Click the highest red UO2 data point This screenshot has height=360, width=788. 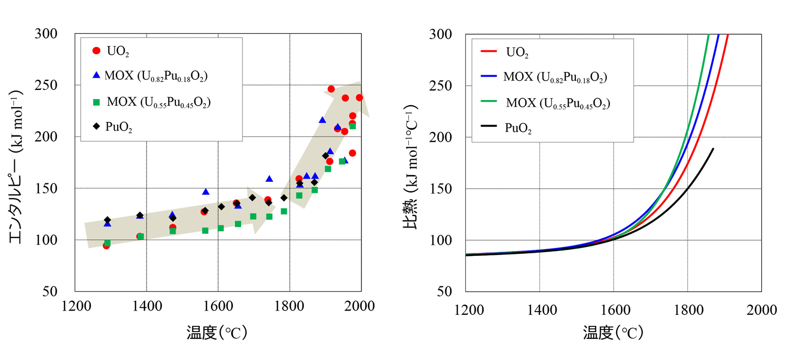click(x=331, y=89)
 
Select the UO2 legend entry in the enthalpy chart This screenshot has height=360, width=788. click(x=115, y=51)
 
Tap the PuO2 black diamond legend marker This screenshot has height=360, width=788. click(x=96, y=127)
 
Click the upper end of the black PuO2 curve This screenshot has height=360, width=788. click(x=713, y=149)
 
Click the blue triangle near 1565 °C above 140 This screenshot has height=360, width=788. click(x=205, y=192)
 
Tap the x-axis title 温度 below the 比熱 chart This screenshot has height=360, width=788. click(x=613, y=333)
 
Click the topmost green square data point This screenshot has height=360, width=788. click(x=352, y=126)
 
